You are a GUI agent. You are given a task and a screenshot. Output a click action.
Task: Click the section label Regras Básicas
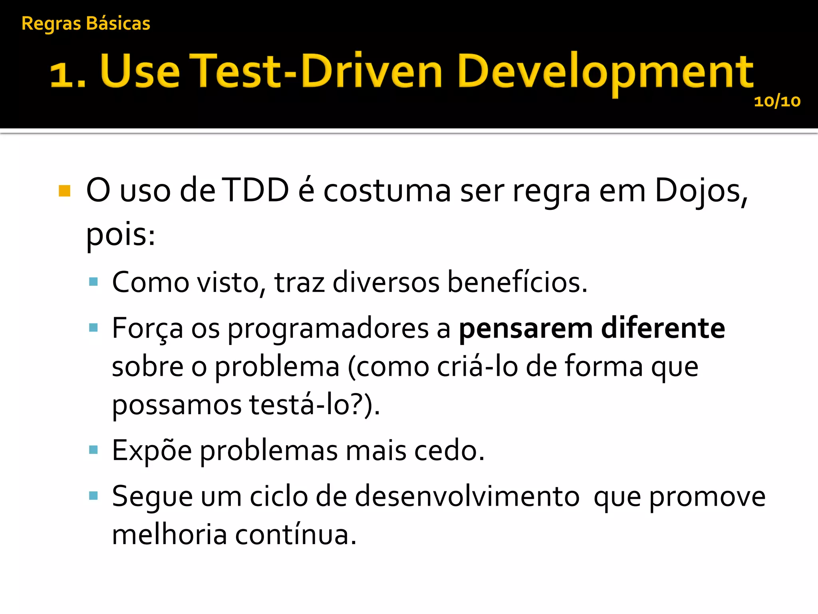click(x=85, y=24)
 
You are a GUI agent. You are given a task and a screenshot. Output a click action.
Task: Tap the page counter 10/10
click(x=777, y=102)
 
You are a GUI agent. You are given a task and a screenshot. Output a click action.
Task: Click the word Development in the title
click(x=605, y=72)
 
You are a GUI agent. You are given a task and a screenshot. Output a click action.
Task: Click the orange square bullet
click(x=64, y=191)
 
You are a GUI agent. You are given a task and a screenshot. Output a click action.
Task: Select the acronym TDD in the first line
click(x=256, y=190)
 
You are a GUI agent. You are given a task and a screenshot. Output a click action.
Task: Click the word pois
click(x=120, y=235)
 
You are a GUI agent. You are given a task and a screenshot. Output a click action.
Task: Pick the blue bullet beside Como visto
click(x=93, y=282)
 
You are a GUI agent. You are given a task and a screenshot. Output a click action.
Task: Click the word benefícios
click(x=517, y=282)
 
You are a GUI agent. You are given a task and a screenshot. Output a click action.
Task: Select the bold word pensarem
click(x=526, y=329)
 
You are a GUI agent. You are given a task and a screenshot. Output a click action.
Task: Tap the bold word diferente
click(x=663, y=329)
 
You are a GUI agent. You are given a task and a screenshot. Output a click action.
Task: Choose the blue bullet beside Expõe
click(x=93, y=450)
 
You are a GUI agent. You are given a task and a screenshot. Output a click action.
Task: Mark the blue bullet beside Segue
click(x=93, y=496)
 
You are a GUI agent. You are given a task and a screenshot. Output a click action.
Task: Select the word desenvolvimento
click(x=467, y=497)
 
